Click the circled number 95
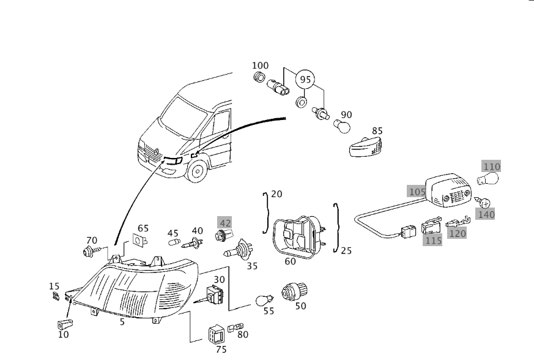click(305, 80)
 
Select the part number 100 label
click(260, 66)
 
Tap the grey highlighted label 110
click(491, 167)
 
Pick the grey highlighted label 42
click(225, 223)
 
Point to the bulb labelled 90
click(341, 126)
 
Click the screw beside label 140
click(482, 201)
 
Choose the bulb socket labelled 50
click(294, 291)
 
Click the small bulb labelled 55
click(264, 300)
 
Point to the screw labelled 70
click(89, 250)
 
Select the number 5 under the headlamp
click(122, 321)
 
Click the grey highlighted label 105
click(417, 192)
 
